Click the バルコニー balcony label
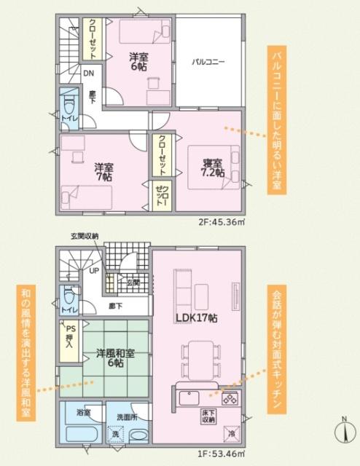click(208, 62)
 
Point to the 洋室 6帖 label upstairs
click(139, 61)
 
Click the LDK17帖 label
click(197, 318)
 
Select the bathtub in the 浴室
click(82, 435)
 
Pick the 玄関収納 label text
click(85, 235)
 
